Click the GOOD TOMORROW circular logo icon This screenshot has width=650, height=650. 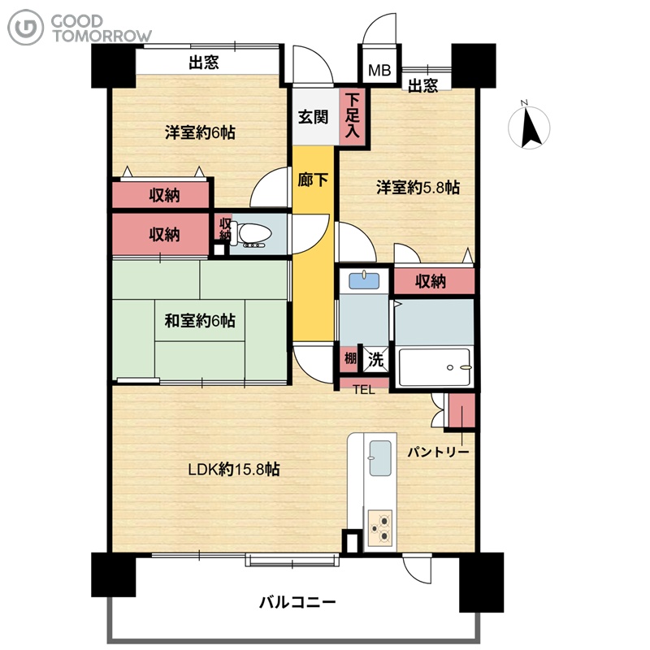pos(25,28)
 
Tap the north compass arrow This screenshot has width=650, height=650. pos(531,128)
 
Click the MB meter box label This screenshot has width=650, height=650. pos(379,70)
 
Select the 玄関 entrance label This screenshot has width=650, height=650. pos(313,117)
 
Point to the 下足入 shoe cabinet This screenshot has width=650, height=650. pos(353,116)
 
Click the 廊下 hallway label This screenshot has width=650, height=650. pos(313,180)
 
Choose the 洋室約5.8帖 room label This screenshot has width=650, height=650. pos(418,188)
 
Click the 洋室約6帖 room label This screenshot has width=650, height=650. pos(200,132)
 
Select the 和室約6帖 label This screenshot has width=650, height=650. pos(200,321)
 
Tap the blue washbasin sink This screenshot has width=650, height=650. pos(364,280)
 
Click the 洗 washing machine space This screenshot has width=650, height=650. pos(376,359)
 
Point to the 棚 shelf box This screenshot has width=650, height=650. pos(350,358)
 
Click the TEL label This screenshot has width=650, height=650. pos(363,390)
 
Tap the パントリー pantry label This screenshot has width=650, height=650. pos(438,452)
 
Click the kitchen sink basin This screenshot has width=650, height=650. pos(379,458)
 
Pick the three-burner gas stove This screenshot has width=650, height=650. pos(380,526)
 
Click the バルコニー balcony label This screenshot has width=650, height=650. pos(297,602)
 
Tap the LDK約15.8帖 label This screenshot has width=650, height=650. pos(234,470)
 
